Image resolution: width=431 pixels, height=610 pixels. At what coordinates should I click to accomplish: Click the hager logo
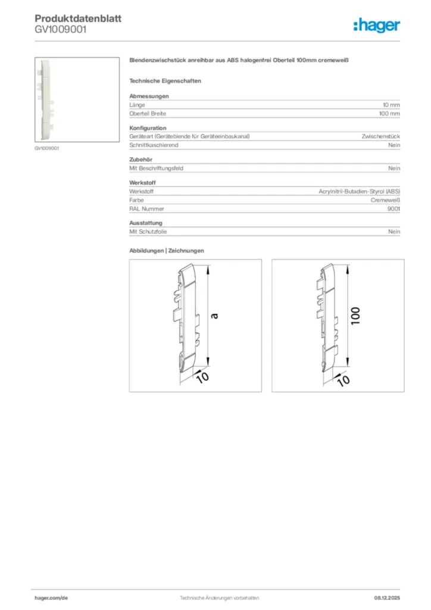377,25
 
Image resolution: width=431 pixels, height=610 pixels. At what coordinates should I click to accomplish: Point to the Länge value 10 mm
391,105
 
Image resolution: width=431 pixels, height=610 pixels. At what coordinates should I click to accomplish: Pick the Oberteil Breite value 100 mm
389,113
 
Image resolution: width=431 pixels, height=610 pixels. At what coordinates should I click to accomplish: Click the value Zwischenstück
381,136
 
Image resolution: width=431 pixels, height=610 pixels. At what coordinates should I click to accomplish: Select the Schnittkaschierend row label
154,145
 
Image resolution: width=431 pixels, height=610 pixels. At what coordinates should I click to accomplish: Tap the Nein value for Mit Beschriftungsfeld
394,169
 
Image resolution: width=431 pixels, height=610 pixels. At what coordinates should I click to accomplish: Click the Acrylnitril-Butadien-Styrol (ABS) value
360,192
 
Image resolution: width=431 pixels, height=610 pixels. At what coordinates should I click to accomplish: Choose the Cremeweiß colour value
385,200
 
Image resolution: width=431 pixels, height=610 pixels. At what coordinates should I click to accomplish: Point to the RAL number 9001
393,209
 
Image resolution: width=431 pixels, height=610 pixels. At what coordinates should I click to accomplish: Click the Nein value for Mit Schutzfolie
394,232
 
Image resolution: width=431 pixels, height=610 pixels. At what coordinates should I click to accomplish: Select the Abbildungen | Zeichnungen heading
167,251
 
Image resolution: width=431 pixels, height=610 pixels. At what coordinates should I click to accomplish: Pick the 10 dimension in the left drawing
202,376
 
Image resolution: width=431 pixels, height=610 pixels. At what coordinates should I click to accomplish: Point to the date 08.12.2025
387,597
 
